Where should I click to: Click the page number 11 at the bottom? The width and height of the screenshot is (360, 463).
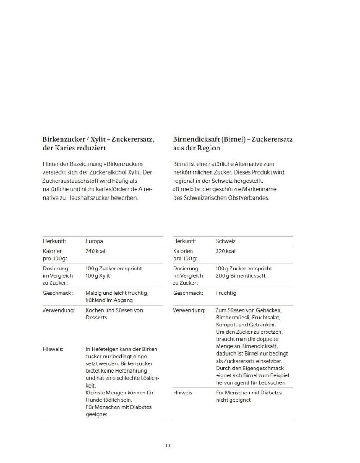coord(168,445)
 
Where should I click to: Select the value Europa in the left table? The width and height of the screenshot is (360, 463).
coord(94,241)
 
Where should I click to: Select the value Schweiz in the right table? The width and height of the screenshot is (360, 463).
coord(225,241)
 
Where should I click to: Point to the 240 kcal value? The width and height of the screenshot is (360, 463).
coord(95,251)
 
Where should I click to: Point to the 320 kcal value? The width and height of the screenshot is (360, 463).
coord(225,251)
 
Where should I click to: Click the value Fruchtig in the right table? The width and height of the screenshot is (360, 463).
coord(226,293)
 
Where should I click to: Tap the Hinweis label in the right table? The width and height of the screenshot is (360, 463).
coord(183,393)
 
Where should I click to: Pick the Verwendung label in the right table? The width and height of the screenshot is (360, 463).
coord(189,310)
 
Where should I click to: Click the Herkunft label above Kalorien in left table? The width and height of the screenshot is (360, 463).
coord(55,241)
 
